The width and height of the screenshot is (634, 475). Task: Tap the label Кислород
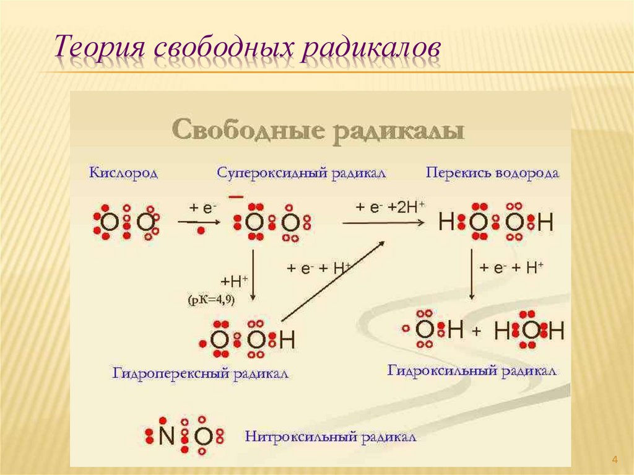pos(123,173)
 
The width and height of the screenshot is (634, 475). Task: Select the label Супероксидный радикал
pos(302,173)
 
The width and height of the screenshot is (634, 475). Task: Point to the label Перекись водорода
pos(493,173)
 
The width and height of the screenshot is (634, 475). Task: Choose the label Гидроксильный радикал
pos(472,370)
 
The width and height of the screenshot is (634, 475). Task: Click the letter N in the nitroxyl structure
pos(166,437)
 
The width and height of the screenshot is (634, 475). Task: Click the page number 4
pos(615,459)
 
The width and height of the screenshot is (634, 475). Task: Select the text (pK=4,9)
pos(212,300)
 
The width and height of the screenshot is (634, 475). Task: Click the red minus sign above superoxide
pos(236,196)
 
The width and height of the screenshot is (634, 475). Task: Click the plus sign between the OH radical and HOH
pos(476,332)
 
